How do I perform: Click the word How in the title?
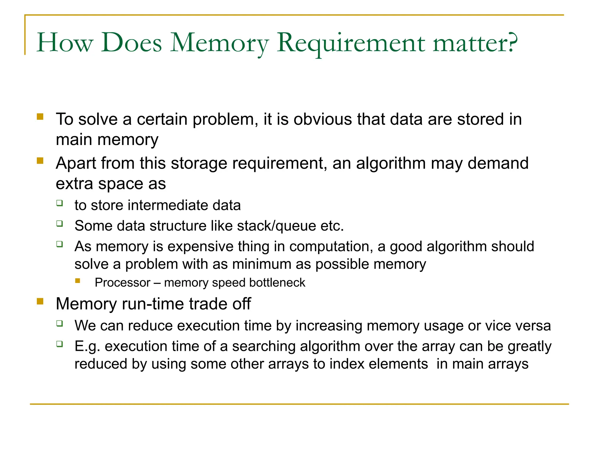point(65,43)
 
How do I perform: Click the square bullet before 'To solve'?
point(40,117)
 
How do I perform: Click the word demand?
point(498,163)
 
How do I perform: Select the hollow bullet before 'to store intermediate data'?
point(60,203)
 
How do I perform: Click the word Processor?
point(122,283)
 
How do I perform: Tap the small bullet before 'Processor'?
point(78,281)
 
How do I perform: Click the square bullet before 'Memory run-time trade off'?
point(40,301)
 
